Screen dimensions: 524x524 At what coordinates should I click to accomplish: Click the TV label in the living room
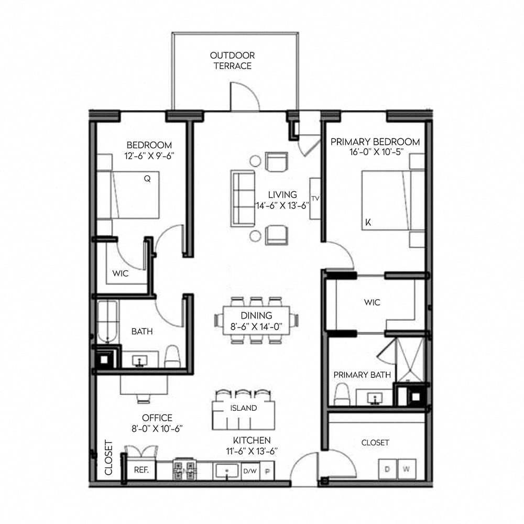pos(315,199)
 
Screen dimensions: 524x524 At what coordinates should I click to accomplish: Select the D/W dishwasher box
pos(249,471)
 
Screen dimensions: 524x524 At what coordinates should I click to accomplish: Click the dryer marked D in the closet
pos(388,468)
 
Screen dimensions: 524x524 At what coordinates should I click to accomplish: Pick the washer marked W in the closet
pos(406,468)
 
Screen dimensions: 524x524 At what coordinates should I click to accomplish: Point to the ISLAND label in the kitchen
pos(244,408)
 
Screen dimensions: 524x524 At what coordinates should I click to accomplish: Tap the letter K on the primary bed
pos(368,222)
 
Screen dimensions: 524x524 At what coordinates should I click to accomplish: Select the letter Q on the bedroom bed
pos(147,178)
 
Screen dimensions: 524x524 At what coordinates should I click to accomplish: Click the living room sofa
pos(242,198)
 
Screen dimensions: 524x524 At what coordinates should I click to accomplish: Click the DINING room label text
pos(256,315)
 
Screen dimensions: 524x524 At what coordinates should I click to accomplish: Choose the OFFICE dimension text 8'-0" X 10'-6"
pos(157,428)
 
